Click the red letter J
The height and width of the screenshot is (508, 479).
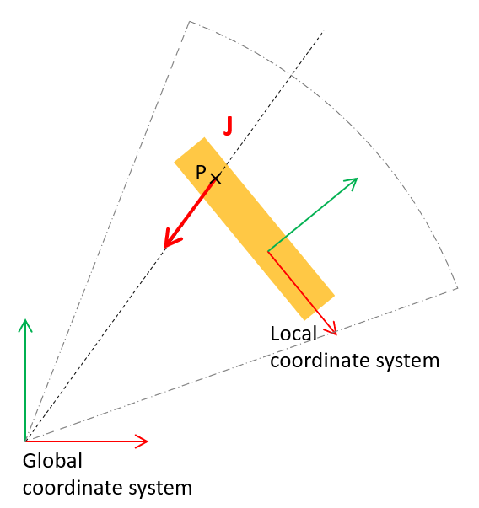pos(229,126)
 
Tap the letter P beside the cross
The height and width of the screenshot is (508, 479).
pos(201,172)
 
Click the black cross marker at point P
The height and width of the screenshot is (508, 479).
pos(216,179)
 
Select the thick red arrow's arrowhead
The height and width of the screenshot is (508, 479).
pos(171,239)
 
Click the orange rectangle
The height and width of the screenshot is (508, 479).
pos(254,229)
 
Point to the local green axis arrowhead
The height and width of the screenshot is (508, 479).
pos(352,183)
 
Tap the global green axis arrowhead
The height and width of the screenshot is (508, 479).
pos(25,325)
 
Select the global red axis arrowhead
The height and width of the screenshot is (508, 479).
pos(142,441)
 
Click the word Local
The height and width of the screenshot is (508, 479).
pos(293,334)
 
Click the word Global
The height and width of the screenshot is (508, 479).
pos(52,461)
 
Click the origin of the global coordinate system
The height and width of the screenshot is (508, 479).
pos(25,441)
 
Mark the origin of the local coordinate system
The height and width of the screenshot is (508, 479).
pos(268,251)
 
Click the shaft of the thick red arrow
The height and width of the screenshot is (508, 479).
pos(192,211)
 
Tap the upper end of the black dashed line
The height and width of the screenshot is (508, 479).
pos(323,31)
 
